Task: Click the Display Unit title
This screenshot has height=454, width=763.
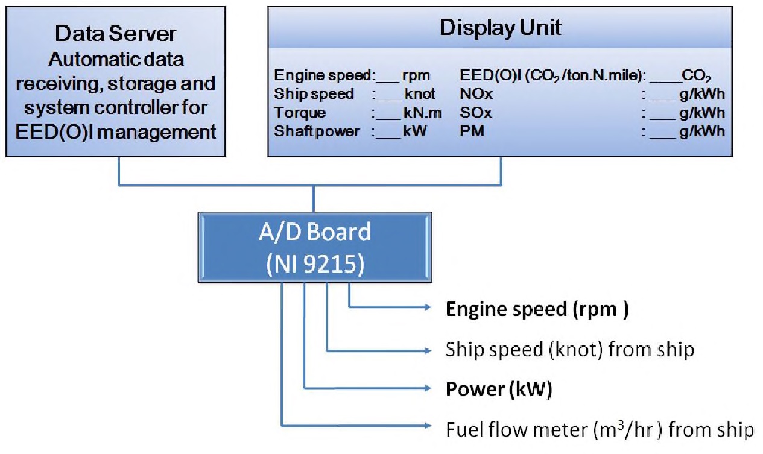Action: [500, 28]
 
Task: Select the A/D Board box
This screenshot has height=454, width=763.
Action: [315, 247]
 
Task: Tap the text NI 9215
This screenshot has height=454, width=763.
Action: [315, 264]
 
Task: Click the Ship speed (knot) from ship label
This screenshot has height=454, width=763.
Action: [569, 349]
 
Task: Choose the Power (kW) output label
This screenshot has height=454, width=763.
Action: [499, 389]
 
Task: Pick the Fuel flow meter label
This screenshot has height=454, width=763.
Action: [600, 429]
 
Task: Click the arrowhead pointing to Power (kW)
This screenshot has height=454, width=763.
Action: [429, 389]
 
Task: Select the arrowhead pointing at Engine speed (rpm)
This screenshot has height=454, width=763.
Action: [429, 307]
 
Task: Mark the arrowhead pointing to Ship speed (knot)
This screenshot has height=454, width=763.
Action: [429, 350]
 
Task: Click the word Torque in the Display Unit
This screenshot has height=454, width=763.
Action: [300, 113]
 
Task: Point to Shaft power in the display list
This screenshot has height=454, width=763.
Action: [317, 131]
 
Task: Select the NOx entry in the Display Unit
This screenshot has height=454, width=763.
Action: [476, 95]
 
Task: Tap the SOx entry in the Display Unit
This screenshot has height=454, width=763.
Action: [475, 113]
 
